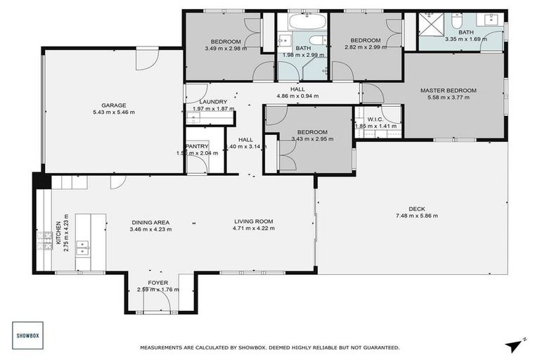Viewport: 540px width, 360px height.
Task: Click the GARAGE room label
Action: pyautogui.click(x=113, y=105)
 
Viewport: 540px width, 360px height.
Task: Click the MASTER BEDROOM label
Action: pyautogui.click(x=449, y=90)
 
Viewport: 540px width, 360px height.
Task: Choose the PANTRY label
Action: pyautogui.click(x=197, y=146)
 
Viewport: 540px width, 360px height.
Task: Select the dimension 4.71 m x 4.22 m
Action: pyautogui.click(x=254, y=229)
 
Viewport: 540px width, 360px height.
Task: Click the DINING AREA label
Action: pyautogui.click(x=150, y=221)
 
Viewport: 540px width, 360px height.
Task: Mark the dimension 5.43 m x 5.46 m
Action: pyautogui.click(x=113, y=112)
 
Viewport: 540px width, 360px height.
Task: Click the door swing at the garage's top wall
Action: pyautogui.click(x=146, y=59)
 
